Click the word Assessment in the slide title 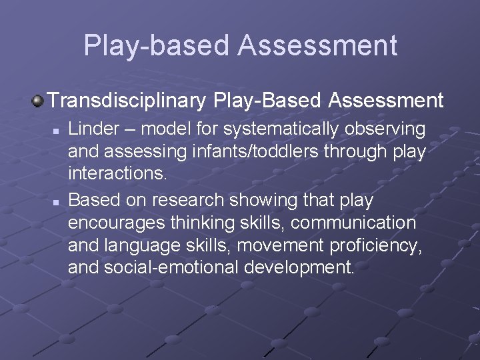click(317, 45)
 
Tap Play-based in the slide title click(156, 45)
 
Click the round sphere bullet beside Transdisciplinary click(37, 101)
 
